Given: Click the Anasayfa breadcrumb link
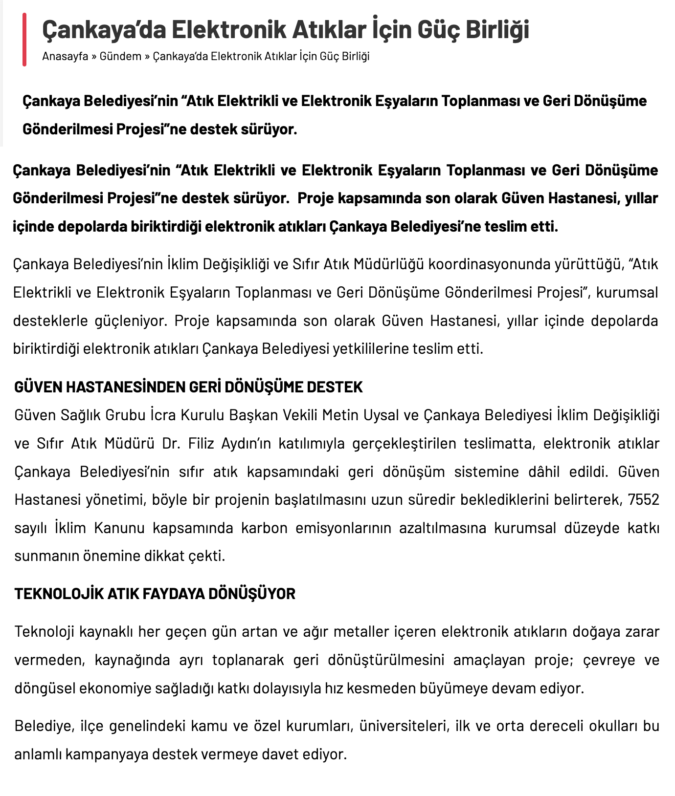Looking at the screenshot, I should pyautogui.click(x=65, y=56).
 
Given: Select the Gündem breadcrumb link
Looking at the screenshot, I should pyautogui.click(x=120, y=56).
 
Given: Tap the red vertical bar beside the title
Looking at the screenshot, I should pyautogui.click(x=24, y=40).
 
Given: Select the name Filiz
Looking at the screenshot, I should pyautogui.click(x=203, y=444).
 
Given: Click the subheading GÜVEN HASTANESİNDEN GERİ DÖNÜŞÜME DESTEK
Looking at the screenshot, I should pyautogui.click(x=188, y=387).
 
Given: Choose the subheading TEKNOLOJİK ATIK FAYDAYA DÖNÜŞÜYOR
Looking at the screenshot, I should pyautogui.click(x=155, y=594).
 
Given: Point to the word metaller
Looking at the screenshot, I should pyautogui.click(x=361, y=632).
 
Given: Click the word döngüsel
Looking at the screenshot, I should pyautogui.click(x=45, y=688).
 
